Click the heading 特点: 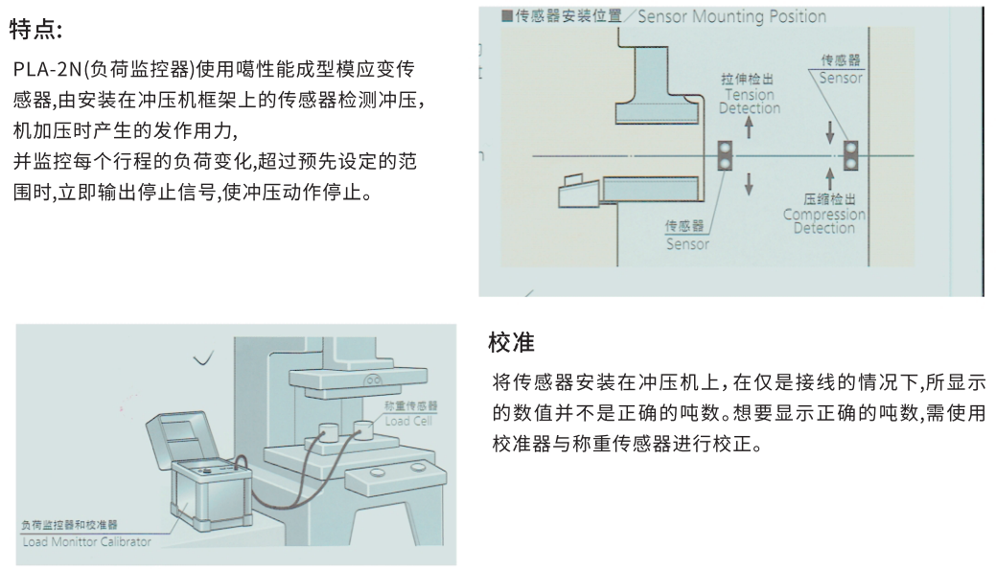(x=36, y=31)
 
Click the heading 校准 (x=511, y=342)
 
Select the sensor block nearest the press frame (x=726, y=155)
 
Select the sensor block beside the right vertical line (x=849, y=155)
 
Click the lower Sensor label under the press (x=687, y=237)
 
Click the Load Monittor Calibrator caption (x=85, y=542)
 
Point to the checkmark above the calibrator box (x=202, y=360)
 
